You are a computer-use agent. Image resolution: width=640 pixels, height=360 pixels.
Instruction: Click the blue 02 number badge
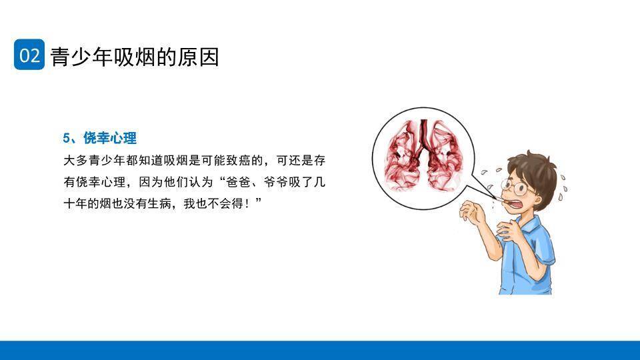pyautogui.click(x=29, y=55)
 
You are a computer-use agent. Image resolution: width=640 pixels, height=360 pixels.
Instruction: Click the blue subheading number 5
pyautogui.click(x=67, y=139)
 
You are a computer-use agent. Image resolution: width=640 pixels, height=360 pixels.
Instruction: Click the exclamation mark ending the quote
pyautogui.click(x=247, y=202)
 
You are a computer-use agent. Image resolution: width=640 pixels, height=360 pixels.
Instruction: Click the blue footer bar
pyautogui.click(x=320, y=351)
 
